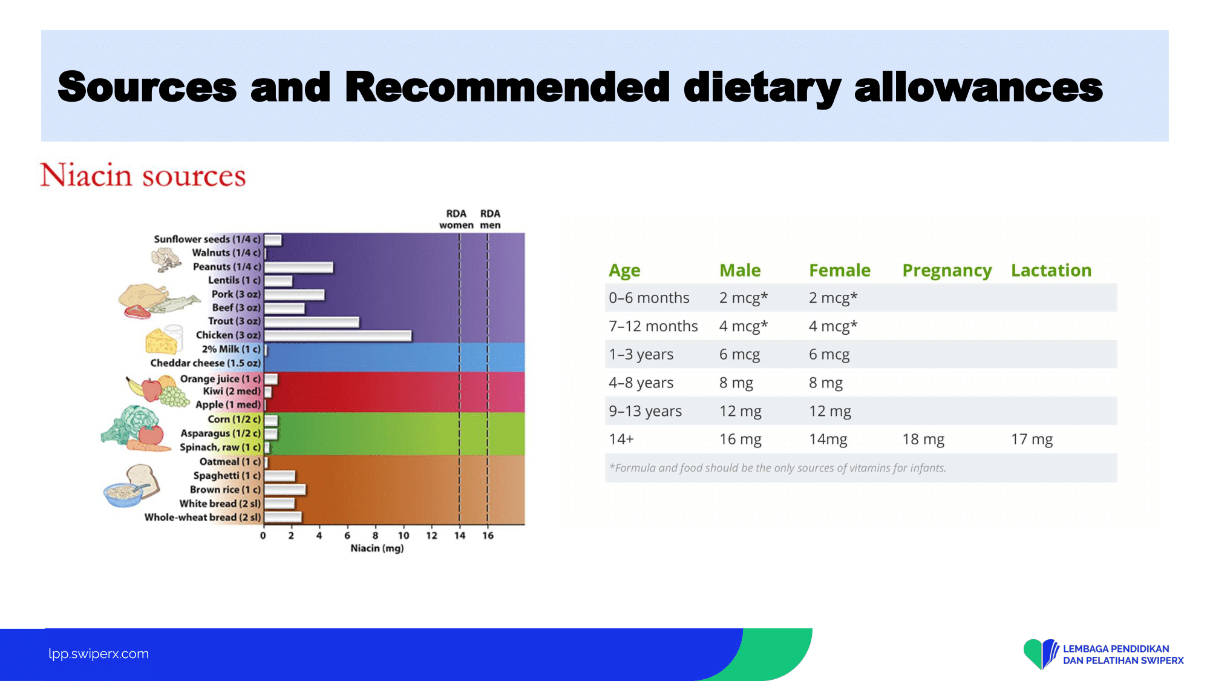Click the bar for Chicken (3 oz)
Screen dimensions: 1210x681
tap(338, 335)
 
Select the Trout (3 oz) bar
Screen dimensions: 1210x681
tap(312, 322)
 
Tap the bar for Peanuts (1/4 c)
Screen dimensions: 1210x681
tap(299, 267)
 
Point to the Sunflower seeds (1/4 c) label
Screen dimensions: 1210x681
tap(207, 239)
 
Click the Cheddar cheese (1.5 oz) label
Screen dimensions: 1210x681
tap(206, 363)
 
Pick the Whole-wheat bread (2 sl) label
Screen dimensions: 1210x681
tap(203, 518)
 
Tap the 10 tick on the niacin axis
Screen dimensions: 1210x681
tap(404, 536)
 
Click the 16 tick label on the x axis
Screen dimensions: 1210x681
tap(488, 536)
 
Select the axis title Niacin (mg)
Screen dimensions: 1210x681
tap(377, 548)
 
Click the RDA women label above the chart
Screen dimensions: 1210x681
tap(456, 219)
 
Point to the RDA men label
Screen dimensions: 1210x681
tap(491, 219)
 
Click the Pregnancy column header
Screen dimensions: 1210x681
tap(947, 271)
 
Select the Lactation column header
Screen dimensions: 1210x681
tap(1051, 270)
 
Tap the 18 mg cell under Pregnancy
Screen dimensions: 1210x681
tap(923, 439)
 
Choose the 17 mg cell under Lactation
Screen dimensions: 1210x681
tap(1032, 439)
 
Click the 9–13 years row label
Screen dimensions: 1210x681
tap(645, 412)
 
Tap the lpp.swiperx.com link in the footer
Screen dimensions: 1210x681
tap(99, 654)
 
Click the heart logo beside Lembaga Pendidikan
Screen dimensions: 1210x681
tap(1041, 654)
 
